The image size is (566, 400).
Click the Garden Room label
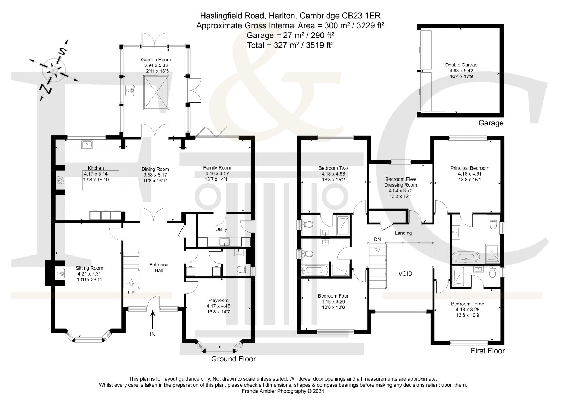(156, 60)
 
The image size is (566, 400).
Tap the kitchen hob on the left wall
(60, 180)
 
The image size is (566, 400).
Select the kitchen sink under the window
(87, 145)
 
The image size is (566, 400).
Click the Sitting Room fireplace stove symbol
(60, 273)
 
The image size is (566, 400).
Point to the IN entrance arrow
(152, 320)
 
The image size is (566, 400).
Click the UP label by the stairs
(131, 293)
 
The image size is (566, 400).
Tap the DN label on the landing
(377, 240)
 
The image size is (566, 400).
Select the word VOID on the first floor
(405, 274)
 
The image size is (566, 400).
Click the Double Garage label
(461, 65)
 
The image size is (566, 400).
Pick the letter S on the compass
(62, 52)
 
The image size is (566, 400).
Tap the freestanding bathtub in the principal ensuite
(466, 257)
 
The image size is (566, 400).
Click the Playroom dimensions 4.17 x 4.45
(218, 306)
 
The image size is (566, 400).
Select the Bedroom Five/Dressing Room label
(400, 182)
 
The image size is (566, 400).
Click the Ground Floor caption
(233, 359)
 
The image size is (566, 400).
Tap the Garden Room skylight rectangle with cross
(156, 93)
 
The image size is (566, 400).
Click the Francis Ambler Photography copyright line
(283, 391)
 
